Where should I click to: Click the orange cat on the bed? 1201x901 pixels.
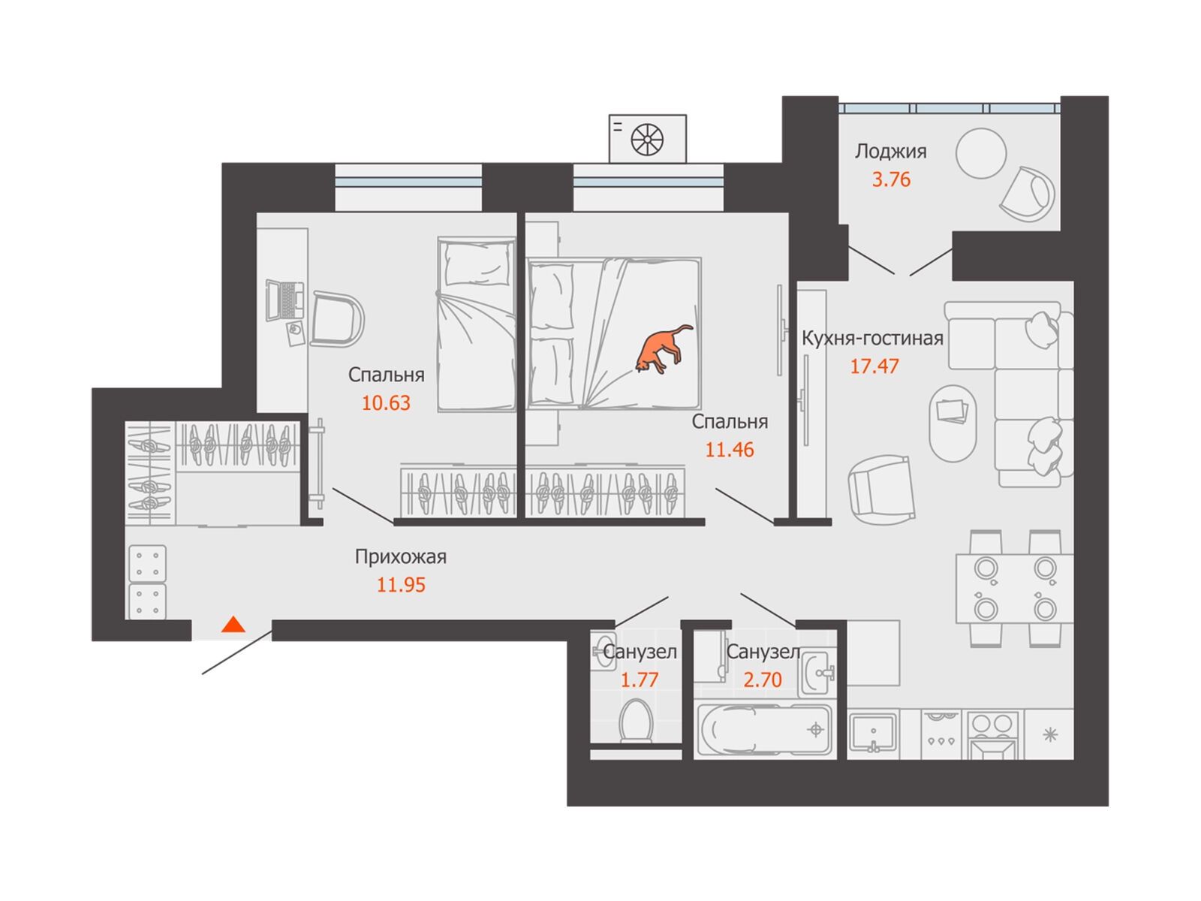(662, 350)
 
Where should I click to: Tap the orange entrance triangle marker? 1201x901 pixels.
(233, 624)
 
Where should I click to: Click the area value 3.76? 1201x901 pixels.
(891, 179)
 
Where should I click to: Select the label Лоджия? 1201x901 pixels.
(891, 152)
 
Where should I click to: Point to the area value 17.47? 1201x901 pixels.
(874, 366)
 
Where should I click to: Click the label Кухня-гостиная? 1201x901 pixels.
(872, 339)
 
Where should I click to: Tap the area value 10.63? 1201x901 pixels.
(386, 403)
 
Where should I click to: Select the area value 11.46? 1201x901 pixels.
(730, 450)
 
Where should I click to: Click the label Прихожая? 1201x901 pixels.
(401, 557)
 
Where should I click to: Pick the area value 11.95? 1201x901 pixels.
(401, 585)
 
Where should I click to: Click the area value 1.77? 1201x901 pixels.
(639, 680)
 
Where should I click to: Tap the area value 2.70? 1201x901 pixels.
(763, 680)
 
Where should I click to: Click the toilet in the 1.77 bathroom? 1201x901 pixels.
(636, 721)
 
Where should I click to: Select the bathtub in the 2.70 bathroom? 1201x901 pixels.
(765, 731)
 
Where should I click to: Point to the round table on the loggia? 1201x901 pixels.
(981, 154)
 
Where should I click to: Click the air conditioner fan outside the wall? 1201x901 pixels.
(647, 140)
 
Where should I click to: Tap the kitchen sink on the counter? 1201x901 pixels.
(873, 732)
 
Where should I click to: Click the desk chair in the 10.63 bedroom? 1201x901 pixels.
(337, 319)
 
